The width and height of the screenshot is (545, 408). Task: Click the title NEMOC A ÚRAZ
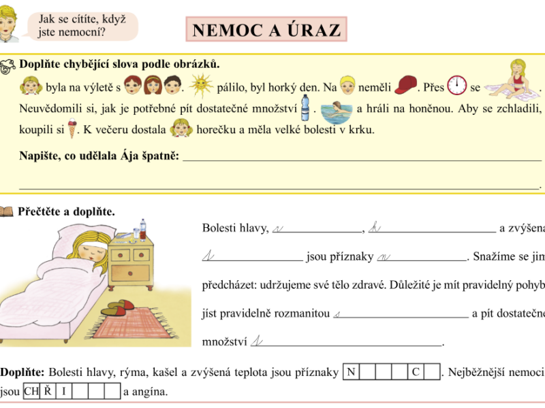coord(266,30)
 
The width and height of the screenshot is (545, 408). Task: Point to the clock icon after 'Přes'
coord(456,85)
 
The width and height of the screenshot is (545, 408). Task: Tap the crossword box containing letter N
coord(351,372)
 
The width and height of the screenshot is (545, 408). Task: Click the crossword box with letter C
coord(416,372)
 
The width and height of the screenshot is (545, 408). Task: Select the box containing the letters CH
coord(31,392)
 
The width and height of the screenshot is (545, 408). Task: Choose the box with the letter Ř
coord(47,392)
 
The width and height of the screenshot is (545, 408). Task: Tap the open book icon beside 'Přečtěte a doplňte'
coord(6,212)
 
